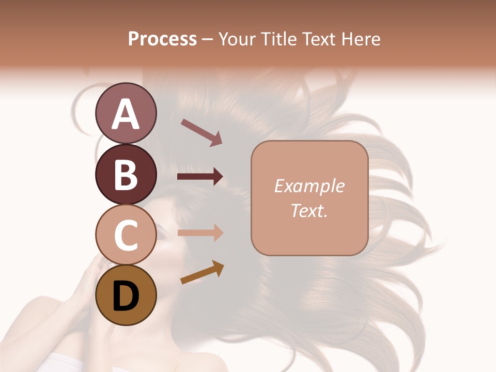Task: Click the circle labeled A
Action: click(x=126, y=114)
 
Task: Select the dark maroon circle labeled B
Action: click(x=126, y=174)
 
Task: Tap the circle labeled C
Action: click(x=126, y=235)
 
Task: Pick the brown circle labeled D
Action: click(x=126, y=296)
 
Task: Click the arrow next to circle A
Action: click(x=202, y=132)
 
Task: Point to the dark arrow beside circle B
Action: click(x=200, y=177)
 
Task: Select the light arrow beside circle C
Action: click(x=200, y=233)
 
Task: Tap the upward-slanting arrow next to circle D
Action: click(x=202, y=272)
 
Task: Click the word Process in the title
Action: click(x=162, y=39)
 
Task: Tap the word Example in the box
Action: click(x=309, y=186)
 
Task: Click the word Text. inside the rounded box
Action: click(x=309, y=210)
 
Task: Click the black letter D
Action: click(x=126, y=297)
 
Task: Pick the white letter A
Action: click(x=126, y=114)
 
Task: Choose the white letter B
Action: click(x=126, y=175)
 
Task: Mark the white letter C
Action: click(x=126, y=235)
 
